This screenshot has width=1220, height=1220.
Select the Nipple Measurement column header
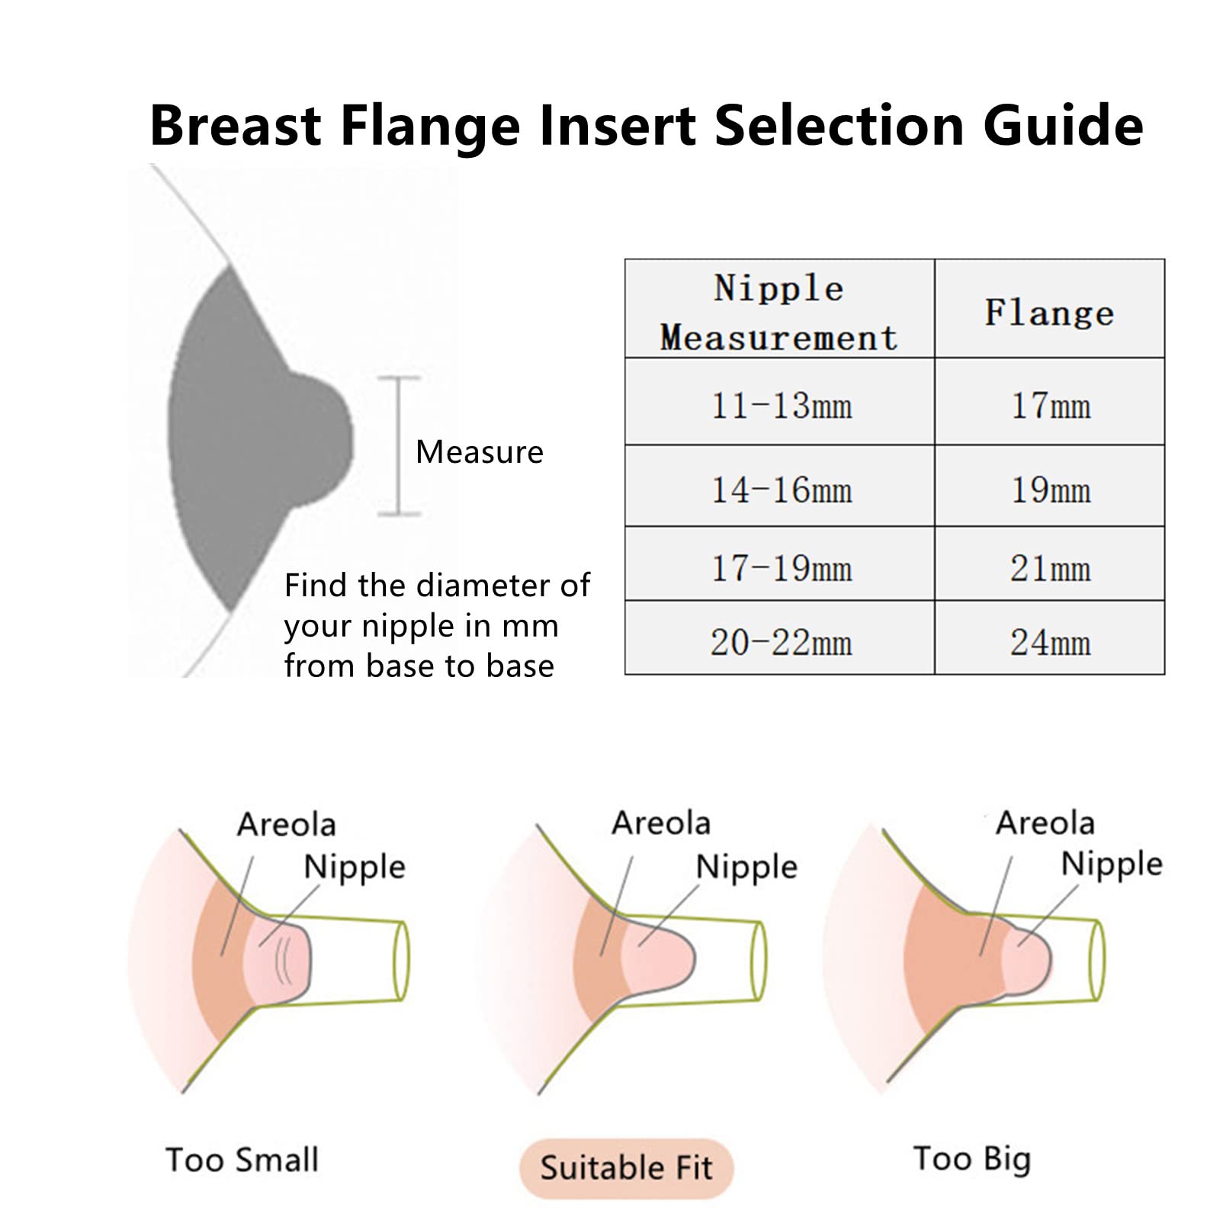pyautogui.click(x=779, y=312)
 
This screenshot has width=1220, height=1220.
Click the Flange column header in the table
pyautogui.click(x=1049, y=313)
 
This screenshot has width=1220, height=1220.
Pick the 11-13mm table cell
pyautogui.click(x=781, y=405)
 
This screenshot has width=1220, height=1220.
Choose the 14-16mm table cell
pyautogui.click(x=781, y=489)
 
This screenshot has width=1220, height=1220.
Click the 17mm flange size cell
pyautogui.click(x=1050, y=405)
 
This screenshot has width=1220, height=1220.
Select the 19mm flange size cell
pyautogui.click(x=1050, y=489)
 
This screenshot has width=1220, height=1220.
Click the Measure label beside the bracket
pyautogui.click(x=479, y=452)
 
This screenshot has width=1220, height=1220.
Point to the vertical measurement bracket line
pyautogui.click(x=399, y=446)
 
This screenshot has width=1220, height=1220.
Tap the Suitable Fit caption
pyautogui.click(x=626, y=1167)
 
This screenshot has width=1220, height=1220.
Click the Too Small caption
pyautogui.click(x=242, y=1160)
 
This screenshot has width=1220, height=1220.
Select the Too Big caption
pyautogui.click(x=972, y=1159)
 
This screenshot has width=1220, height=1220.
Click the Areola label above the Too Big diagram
pyautogui.click(x=1045, y=823)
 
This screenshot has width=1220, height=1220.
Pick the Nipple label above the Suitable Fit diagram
pyautogui.click(x=746, y=867)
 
